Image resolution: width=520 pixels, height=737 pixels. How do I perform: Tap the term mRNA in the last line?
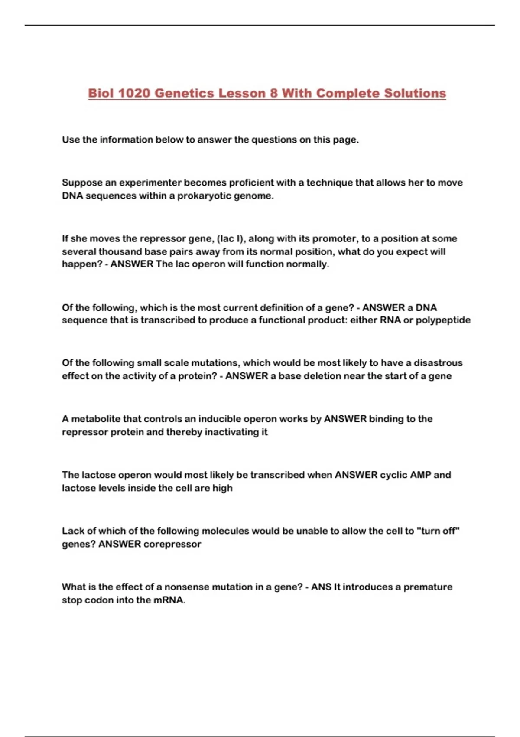pos(169,600)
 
